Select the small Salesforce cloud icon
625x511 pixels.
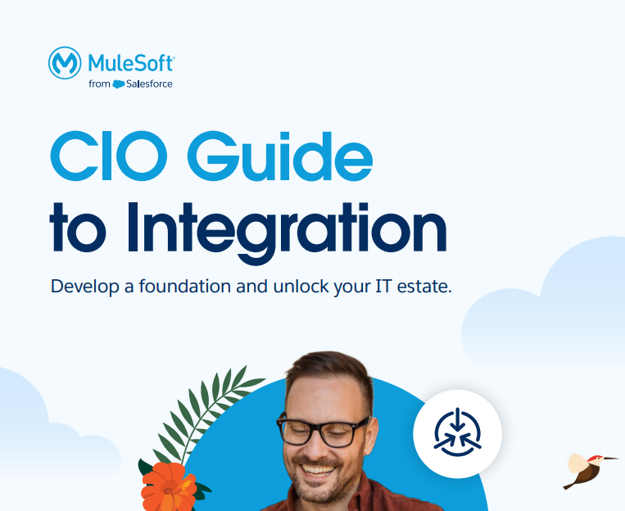click(119, 84)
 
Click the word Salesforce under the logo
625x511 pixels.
click(149, 84)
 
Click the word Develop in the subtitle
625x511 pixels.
click(80, 287)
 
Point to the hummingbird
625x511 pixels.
click(587, 468)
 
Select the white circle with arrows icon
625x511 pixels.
click(456, 432)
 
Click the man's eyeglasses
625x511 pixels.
click(323, 429)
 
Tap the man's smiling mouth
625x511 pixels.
click(324, 473)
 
